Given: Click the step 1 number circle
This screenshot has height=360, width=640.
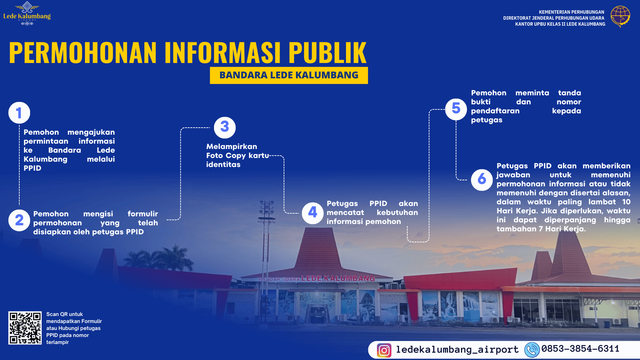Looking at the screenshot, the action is (x=19, y=113).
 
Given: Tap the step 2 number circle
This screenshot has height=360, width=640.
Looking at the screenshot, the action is (x=19, y=220).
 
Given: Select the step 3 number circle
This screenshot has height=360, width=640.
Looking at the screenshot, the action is (x=225, y=127).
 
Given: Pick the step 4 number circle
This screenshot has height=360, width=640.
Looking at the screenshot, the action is (x=313, y=213).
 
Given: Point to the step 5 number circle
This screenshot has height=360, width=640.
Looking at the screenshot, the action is (x=456, y=109).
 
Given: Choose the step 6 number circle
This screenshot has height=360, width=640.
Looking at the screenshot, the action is (x=482, y=180).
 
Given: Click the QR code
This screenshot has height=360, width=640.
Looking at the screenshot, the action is (x=25, y=328).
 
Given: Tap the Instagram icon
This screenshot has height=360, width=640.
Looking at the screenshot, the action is (x=384, y=350).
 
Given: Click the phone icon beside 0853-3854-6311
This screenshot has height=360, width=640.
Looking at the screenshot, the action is (x=532, y=350).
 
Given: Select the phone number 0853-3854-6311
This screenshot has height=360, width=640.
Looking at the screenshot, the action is (x=580, y=349).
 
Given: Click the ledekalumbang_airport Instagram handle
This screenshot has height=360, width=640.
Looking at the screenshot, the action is (x=457, y=349).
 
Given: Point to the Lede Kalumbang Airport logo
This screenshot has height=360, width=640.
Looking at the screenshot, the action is (x=27, y=14).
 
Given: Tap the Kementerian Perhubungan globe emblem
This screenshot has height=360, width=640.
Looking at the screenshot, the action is (x=620, y=16).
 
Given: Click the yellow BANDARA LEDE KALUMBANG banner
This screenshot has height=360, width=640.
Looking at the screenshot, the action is (x=289, y=75).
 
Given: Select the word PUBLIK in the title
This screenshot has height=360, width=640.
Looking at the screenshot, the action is (x=327, y=52).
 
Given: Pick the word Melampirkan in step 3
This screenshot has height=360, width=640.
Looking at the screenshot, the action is (x=232, y=147).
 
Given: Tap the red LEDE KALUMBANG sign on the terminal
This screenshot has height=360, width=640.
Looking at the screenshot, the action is (x=338, y=278).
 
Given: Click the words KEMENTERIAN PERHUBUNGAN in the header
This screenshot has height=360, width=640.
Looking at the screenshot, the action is (x=572, y=12).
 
